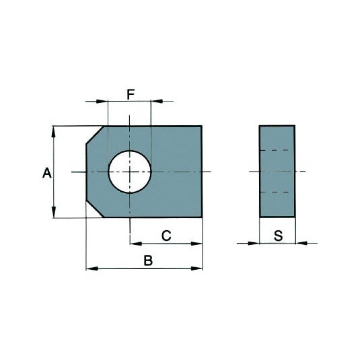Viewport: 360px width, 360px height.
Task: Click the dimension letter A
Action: pyautogui.click(x=46, y=174)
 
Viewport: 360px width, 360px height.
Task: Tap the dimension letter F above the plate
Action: pyautogui.click(x=131, y=94)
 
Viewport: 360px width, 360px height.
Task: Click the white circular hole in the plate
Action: pyautogui.click(x=130, y=172)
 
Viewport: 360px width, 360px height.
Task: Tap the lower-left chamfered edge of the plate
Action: pyautogui.click(x=95, y=209)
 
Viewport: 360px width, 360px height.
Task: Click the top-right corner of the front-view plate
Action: pyautogui.click(x=202, y=126)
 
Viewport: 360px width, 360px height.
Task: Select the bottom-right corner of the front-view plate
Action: pyautogui.click(x=202, y=217)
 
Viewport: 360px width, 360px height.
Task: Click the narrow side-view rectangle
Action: pyautogui.click(x=277, y=172)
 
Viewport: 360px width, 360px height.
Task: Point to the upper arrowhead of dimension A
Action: pyautogui.click(x=54, y=131)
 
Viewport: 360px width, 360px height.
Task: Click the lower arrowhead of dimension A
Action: pyautogui.click(x=54, y=213)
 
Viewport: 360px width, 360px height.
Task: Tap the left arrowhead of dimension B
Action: pyautogui.click(x=92, y=268)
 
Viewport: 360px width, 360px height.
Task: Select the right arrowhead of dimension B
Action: pyautogui.click(x=197, y=268)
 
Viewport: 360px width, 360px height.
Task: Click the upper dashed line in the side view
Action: pyautogui.click(x=277, y=149)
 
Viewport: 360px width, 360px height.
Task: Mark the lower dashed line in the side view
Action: pyautogui.click(x=277, y=193)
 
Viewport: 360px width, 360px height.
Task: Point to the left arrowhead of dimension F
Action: pyautogui.click(x=103, y=102)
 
